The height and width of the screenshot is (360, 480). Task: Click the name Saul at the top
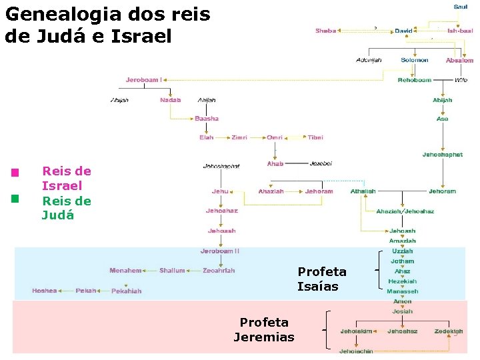pyautogui.click(x=461, y=7)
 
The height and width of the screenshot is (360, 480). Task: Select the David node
pyautogui.click(x=403, y=31)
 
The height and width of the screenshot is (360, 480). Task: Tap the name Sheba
pyautogui.click(x=325, y=31)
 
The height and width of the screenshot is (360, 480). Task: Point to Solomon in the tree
pyautogui.click(x=415, y=60)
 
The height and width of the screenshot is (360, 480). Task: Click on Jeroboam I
pyautogui.click(x=143, y=80)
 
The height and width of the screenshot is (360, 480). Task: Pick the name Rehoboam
pyautogui.click(x=415, y=80)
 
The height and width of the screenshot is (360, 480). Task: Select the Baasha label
pyautogui.click(x=207, y=119)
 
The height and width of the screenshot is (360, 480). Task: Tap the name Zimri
pyautogui.click(x=239, y=137)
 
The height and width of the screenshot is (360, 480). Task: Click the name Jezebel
pyautogui.click(x=321, y=163)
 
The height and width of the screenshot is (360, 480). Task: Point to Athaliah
pyautogui.click(x=363, y=191)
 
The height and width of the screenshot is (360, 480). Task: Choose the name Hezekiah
pyautogui.click(x=403, y=281)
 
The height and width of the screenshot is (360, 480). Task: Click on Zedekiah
pyautogui.click(x=449, y=331)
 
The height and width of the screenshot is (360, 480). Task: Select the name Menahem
pyautogui.click(x=126, y=271)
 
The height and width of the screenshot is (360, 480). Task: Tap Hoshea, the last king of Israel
pyautogui.click(x=45, y=291)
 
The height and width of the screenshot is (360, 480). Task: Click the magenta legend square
pyautogui.click(x=15, y=173)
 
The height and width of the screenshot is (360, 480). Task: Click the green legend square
pyautogui.click(x=15, y=198)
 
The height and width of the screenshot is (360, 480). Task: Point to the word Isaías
pyautogui.click(x=318, y=287)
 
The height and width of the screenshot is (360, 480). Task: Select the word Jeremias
pyautogui.click(x=264, y=337)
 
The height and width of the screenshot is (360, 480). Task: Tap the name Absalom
pyautogui.click(x=459, y=60)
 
